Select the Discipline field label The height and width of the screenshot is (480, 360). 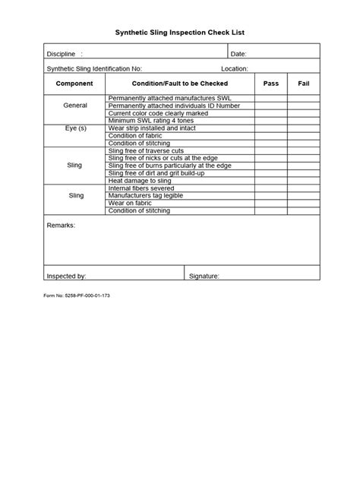tap(62, 54)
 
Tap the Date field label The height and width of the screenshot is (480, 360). tap(238, 54)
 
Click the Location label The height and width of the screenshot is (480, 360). tap(235, 68)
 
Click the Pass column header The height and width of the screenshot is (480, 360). tap(270, 83)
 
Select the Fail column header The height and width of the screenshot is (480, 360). tap(303, 83)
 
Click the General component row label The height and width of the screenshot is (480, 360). tap(74, 106)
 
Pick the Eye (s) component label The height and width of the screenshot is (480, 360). tap(74, 128)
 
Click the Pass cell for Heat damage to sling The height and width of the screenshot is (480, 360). tap(270, 181)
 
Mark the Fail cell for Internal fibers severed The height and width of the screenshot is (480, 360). tap(303, 188)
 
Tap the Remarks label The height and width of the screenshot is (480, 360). tap(61, 226)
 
